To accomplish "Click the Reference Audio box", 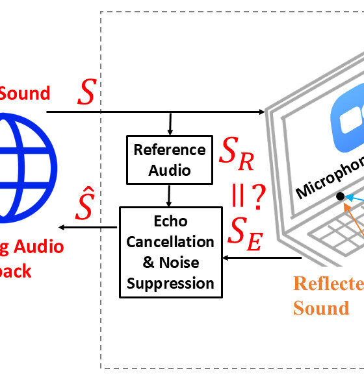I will pyautogui.click(x=169, y=160).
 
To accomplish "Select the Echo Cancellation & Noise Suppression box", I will pyautogui.click(x=170, y=252).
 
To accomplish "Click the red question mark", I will pyautogui.click(x=257, y=196).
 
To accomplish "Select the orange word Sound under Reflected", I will pyautogui.click(x=320, y=308).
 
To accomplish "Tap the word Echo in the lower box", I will pyautogui.click(x=170, y=221).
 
